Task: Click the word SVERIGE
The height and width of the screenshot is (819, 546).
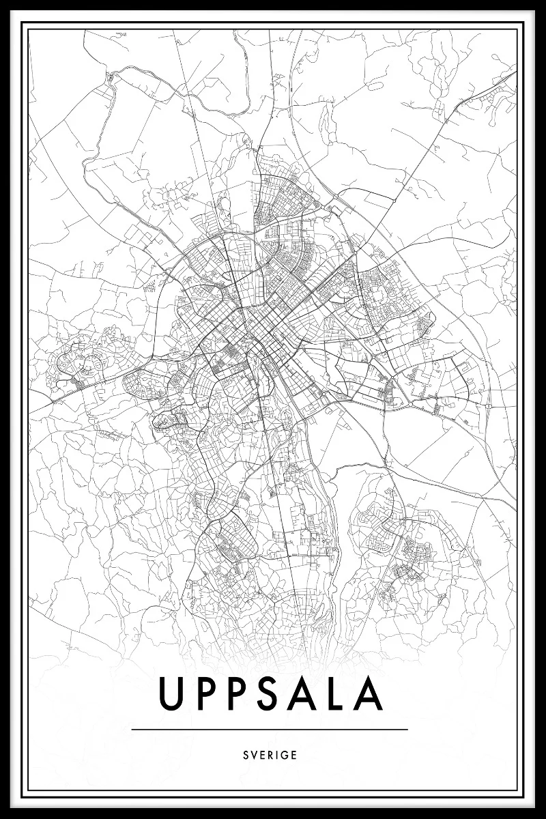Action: [270, 756]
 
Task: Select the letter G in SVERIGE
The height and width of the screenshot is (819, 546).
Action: [285, 756]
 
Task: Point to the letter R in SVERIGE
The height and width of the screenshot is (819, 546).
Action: [270, 756]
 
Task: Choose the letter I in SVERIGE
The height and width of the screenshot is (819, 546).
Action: [277, 756]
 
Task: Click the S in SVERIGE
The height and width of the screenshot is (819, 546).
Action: [245, 756]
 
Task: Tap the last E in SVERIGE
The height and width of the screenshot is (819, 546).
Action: [294, 756]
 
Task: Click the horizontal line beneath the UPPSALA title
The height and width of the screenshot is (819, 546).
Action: [270, 729]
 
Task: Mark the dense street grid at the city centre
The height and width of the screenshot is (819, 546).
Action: [256, 328]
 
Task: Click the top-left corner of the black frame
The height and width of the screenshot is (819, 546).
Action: [3, 3]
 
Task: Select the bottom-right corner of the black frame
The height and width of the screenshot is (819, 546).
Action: [543, 816]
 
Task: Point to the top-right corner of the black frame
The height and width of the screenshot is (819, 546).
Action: [543, 3]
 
